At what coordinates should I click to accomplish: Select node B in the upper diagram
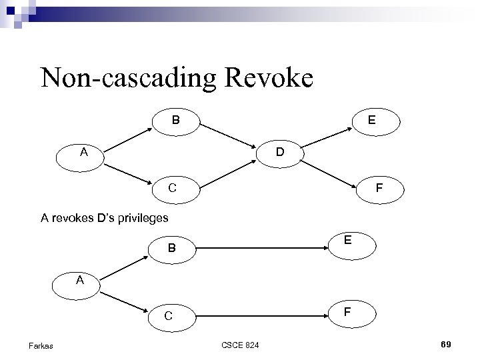tap(175, 121)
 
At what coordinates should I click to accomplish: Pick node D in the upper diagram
tap(281, 152)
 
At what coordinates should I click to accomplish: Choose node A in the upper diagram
tap(84, 152)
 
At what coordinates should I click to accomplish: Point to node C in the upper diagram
tap(173, 188)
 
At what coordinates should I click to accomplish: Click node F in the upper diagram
tap(379, 189)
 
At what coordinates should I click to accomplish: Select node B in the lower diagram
tap(171, 249)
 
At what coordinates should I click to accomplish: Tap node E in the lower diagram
tap(347, 241)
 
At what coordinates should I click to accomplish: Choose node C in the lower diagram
tap(169, 316)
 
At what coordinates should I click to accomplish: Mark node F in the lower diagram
tap(347, 311)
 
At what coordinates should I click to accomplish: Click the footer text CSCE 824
tap(241, 345)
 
